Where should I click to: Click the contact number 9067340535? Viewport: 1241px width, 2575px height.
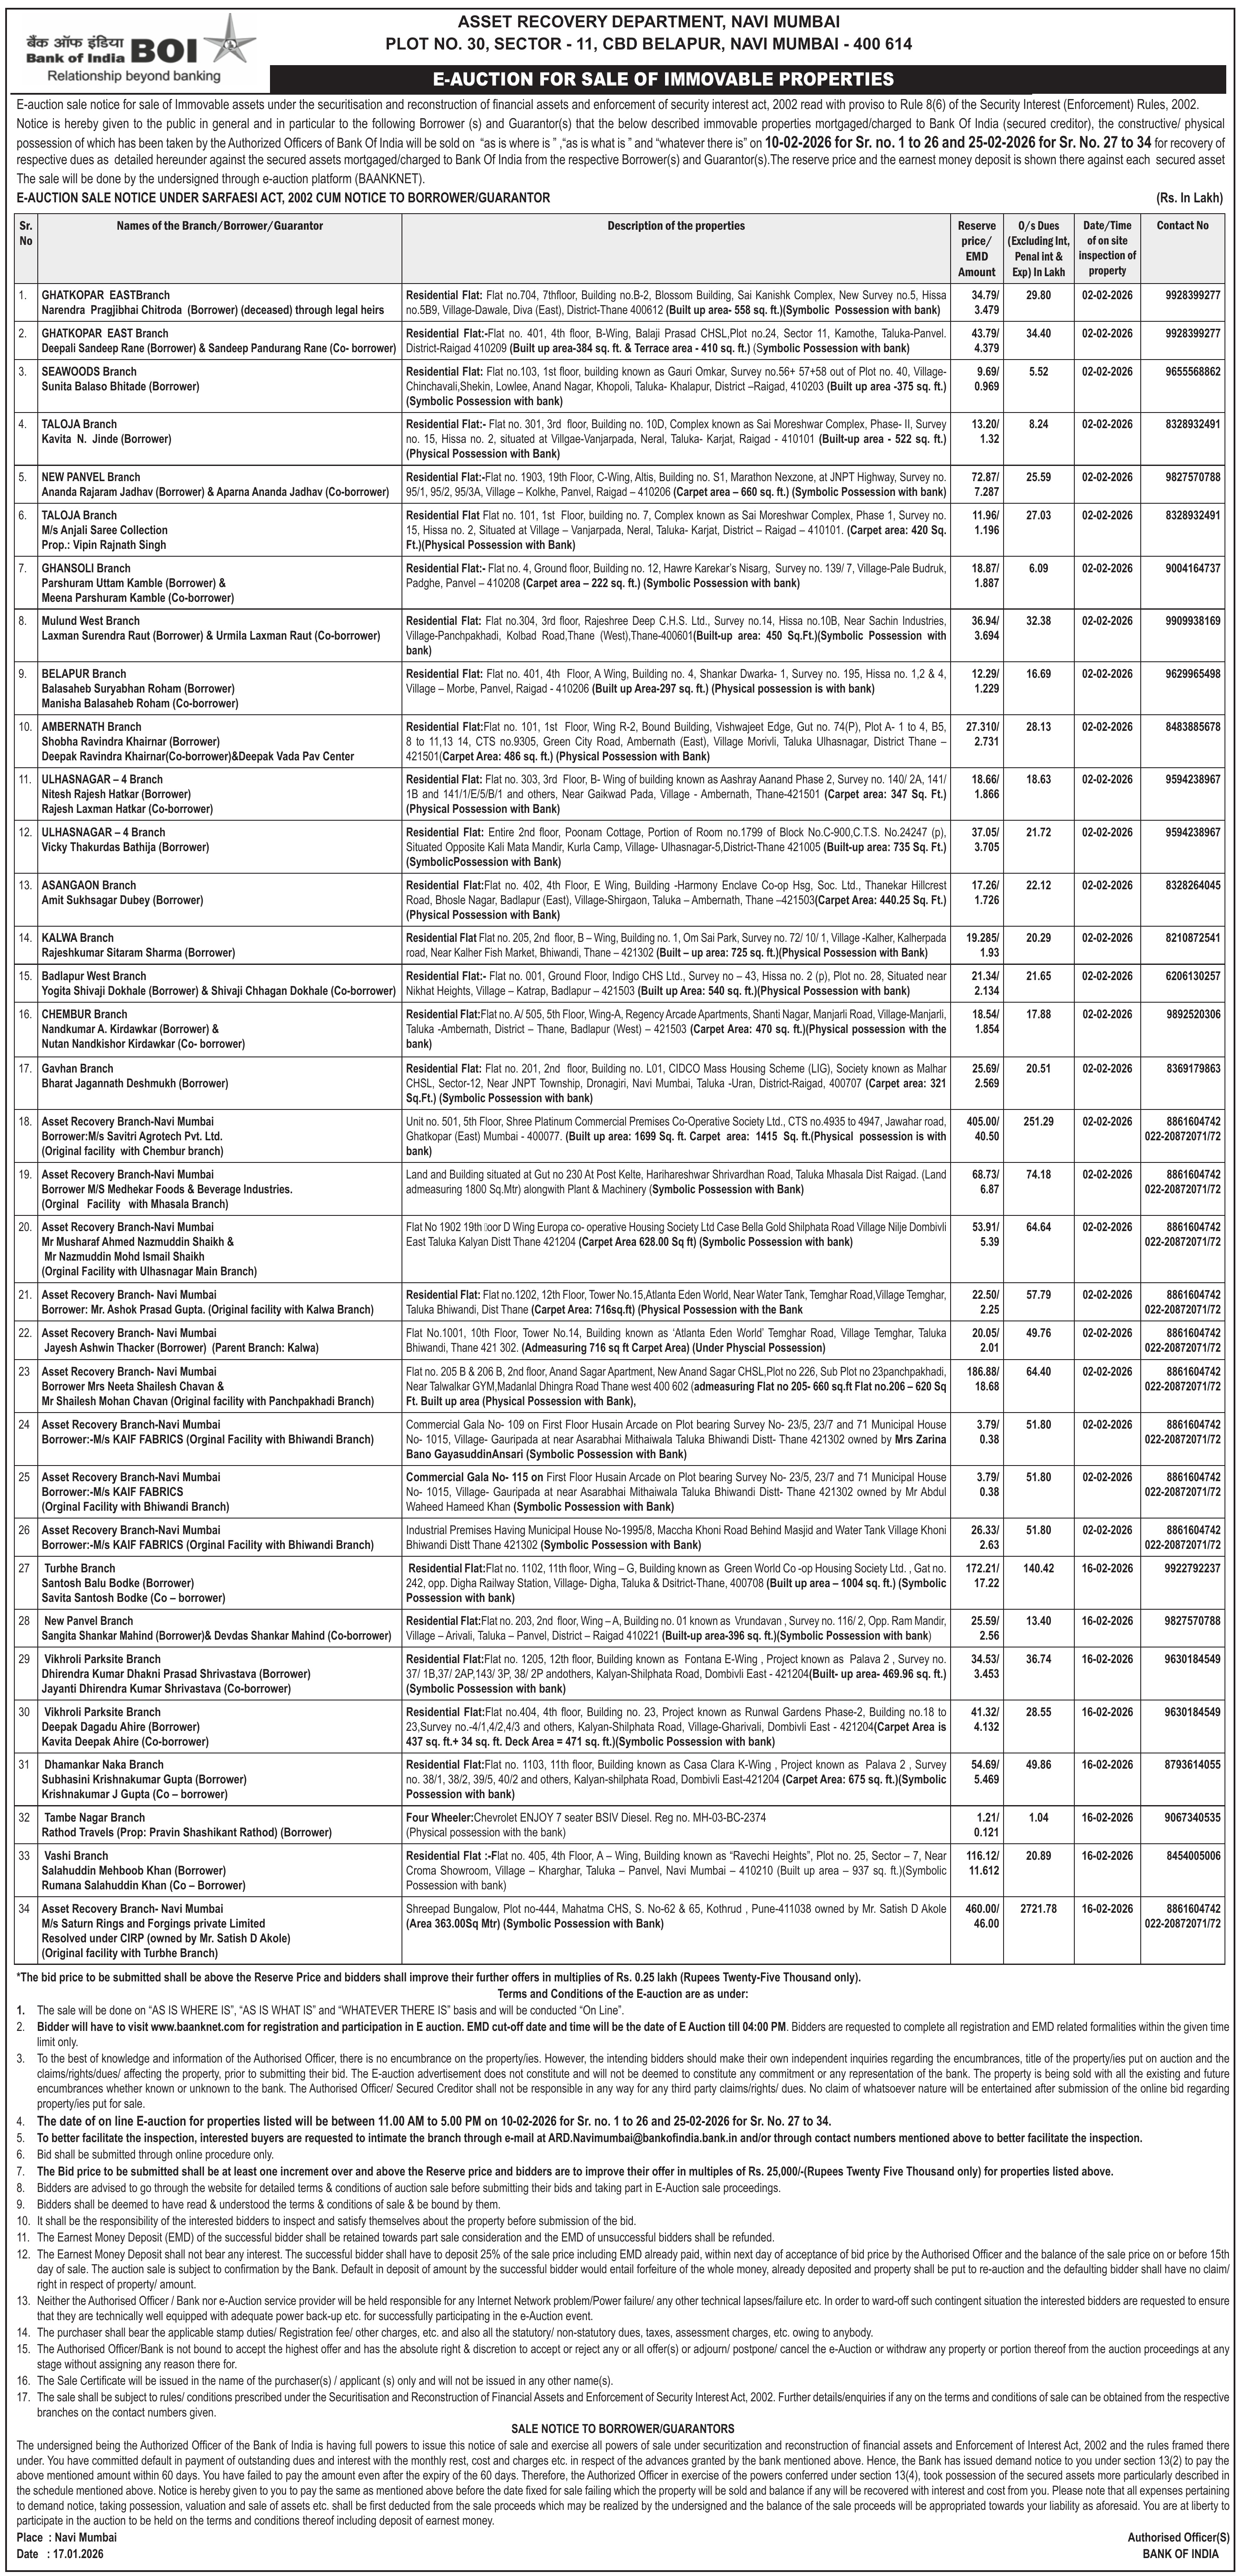coord(1192,1817)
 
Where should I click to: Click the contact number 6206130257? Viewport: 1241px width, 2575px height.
coord(1192,976)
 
